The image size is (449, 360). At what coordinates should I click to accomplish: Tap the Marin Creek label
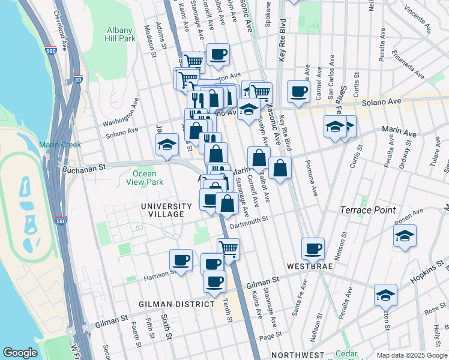point(56,145)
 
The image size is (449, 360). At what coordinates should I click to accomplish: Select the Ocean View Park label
point(148,178)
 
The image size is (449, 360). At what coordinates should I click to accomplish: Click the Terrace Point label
point(368,210)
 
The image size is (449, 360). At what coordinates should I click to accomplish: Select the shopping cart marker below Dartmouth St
point(228,248)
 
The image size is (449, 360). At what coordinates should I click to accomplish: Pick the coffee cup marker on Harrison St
point(181,259)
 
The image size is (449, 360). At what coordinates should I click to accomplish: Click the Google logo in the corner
point(20,353)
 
